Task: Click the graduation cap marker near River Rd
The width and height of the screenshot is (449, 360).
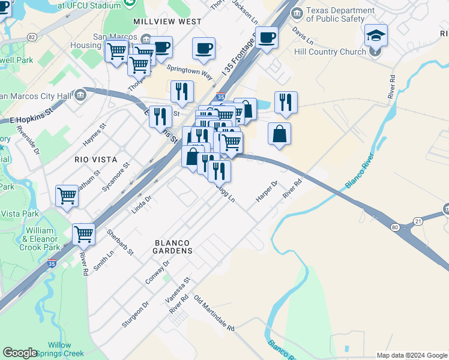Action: (376, 35)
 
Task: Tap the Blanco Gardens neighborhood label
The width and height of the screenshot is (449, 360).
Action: (173, 247)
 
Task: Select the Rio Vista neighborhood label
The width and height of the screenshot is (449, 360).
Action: (94, 160)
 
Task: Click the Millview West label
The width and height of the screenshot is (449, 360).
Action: (167, 21)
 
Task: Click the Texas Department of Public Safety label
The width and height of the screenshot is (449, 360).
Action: (340, 14)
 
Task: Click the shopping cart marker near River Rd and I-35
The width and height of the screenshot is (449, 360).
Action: (83, 235)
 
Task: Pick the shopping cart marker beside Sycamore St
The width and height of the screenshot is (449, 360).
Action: (67, 196)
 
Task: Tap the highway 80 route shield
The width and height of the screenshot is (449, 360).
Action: (394, 227)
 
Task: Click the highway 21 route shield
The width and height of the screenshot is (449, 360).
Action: (418, 222)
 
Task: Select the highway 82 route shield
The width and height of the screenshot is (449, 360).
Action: (32, 37)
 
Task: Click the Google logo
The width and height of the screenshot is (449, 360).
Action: (20, 353)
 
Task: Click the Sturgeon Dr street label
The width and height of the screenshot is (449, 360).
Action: (134, 315)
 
